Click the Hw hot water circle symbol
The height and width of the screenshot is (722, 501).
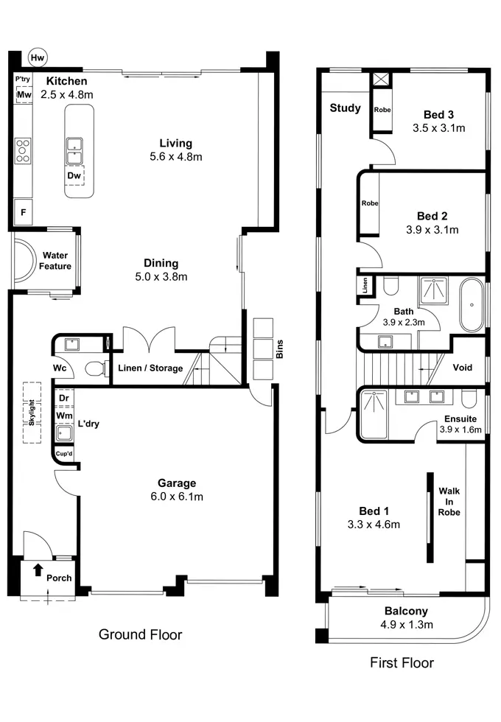(38, 57)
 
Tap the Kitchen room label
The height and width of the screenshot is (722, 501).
(67, 81)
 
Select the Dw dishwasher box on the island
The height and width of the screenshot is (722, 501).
(74, 175)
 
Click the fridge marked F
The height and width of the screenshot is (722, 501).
(23, 212)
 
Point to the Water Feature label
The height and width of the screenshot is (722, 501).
(55, 261)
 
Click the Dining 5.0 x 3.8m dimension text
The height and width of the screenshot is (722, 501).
(161, 277)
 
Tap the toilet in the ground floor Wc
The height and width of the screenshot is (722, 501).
(96, 368)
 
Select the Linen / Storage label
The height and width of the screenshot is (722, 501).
(150, 368)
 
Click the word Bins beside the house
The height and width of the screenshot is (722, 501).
(279, 349)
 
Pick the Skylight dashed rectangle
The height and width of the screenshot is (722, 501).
(32, 413)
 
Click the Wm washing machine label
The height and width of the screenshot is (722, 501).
(64, 416)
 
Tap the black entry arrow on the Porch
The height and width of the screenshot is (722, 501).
(38, 569)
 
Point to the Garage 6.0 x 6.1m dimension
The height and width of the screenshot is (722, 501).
(177, 497)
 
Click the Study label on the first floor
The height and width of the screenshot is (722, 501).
(346, 108)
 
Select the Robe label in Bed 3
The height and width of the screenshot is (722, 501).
(382, 110)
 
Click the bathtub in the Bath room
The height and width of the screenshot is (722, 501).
(472, 304)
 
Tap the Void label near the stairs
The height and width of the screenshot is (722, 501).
(463, 368)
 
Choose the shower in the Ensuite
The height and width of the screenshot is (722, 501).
(374, 414)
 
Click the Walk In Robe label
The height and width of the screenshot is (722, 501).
(449, 502)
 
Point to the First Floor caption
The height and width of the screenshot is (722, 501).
(402, 662)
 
